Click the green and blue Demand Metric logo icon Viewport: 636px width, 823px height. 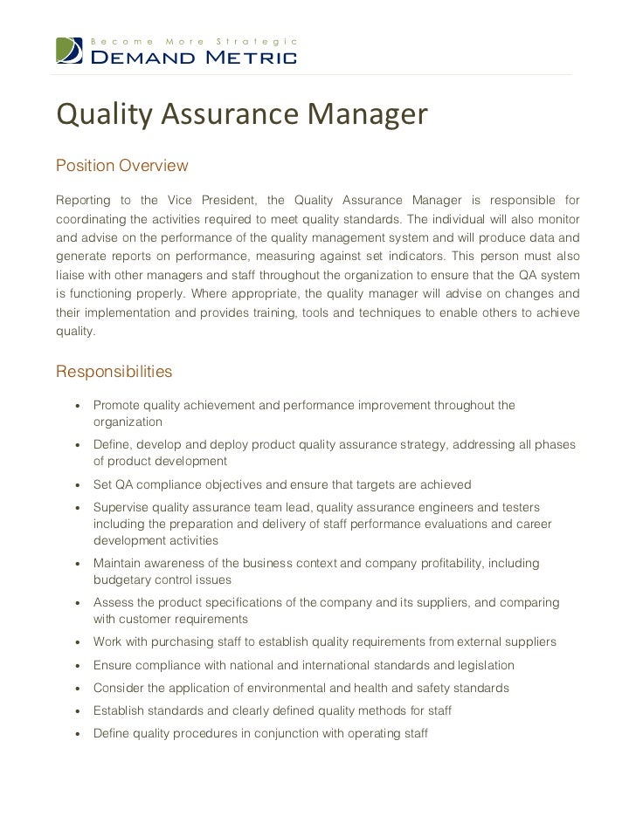click(71, 51)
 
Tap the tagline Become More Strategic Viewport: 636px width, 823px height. click(196, 42)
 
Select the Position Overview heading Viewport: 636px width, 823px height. click(121, 165)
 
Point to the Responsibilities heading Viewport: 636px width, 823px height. click(114, 373)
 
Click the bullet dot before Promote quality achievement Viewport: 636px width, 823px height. click(79, 406)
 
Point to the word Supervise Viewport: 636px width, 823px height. click(123, 508)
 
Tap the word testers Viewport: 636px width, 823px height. click(519, 508)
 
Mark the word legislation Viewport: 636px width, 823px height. click(481, 665)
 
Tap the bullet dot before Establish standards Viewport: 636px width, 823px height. click(79, 711)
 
